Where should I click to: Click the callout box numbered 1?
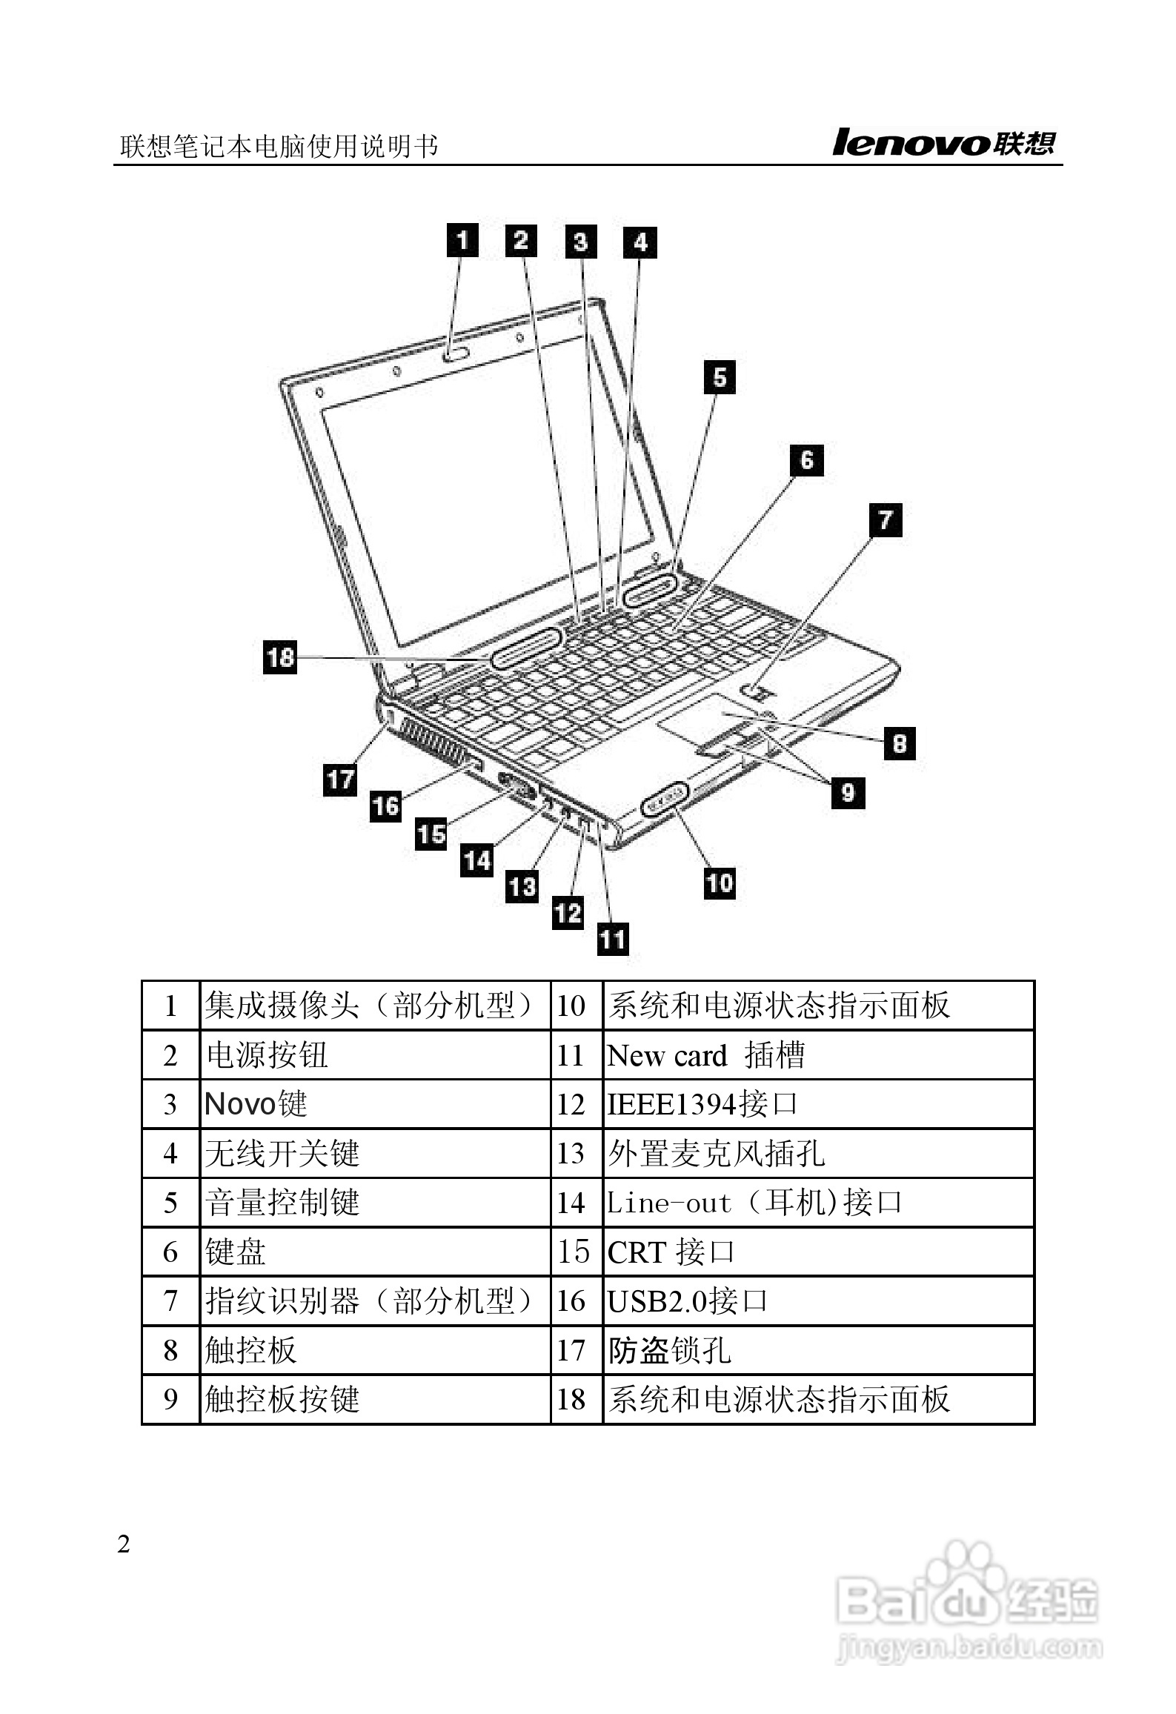pos(462,240)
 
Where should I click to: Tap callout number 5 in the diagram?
pos(720,377)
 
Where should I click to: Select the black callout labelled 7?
pos(886,519)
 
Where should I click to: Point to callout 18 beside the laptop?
pos(280,657)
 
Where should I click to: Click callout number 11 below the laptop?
pos(613,940)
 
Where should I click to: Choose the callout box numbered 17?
pos(340,780)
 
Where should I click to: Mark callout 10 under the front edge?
pos(720,883)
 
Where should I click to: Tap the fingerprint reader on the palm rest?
pos(754,693)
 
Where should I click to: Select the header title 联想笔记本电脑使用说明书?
pos(279,146)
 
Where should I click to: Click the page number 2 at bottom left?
pos(124,1544)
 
